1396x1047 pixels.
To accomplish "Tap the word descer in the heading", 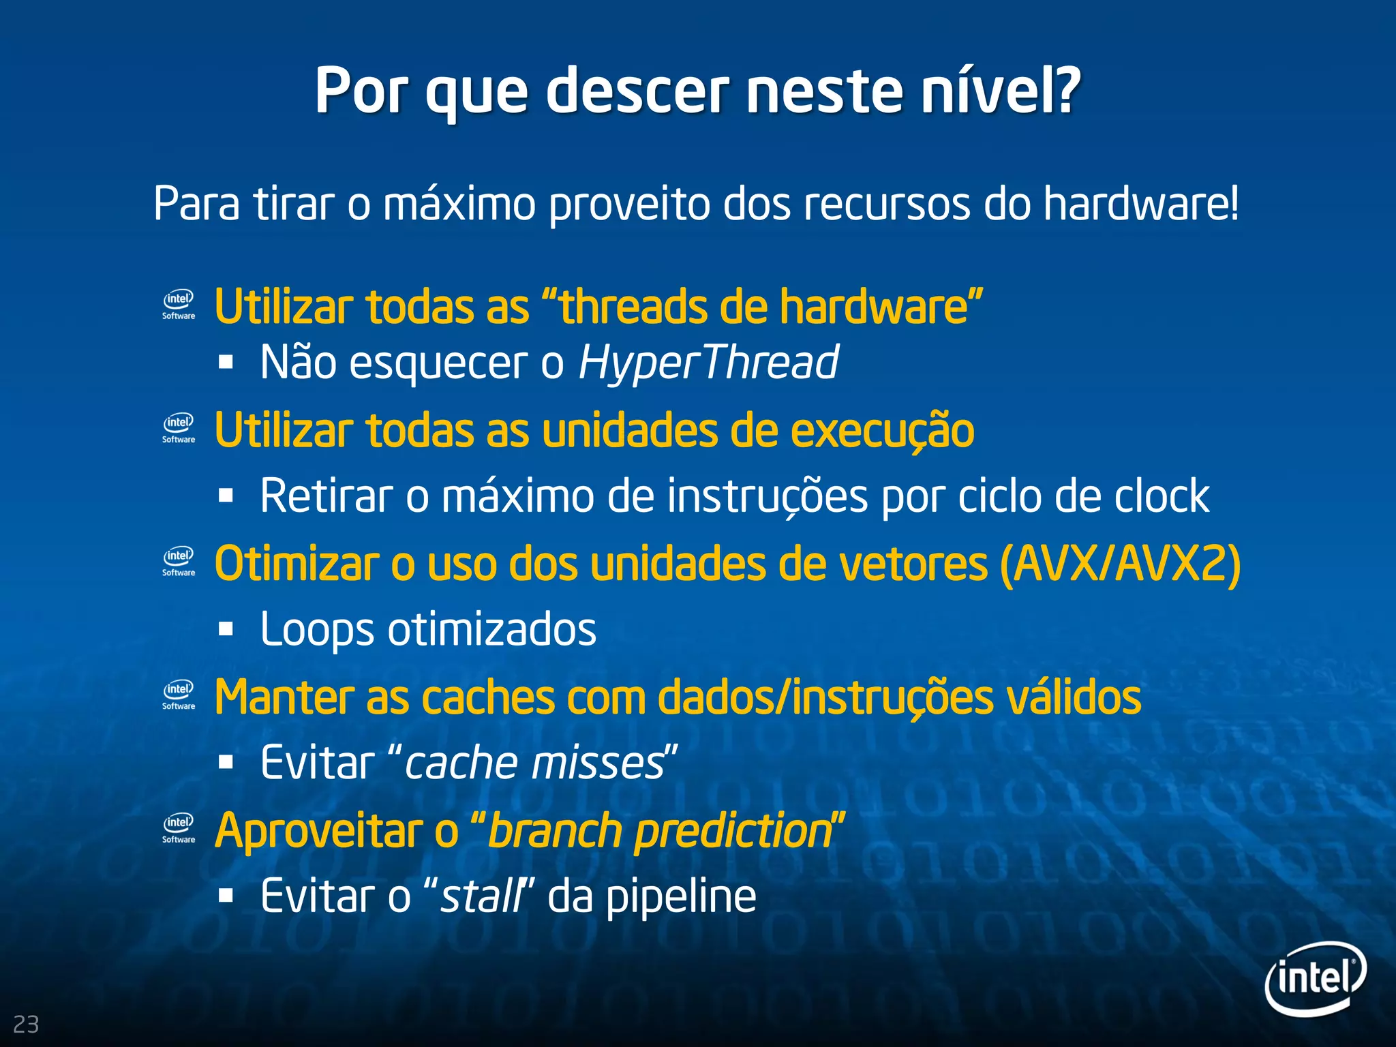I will pyautogui.click(x=637, y=91).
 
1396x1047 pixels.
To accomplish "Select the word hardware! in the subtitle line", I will pyautogui.click(x=1142, y=204).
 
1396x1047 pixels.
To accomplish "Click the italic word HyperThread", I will pyautogui.click(x=708, y=362).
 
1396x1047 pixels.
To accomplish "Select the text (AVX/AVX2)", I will pyautogui.click(x=1120, y=564).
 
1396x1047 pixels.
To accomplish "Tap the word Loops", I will pyautogui.click(x=317, y=629).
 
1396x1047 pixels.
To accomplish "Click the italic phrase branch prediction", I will pyautogui.click(x=658, y=831).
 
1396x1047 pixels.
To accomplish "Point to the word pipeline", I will pyautogui.click(x=681, y=896).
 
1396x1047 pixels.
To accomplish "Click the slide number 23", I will pyautogui.click(x=26, y=1024).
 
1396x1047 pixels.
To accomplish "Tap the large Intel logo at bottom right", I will pyautogui.click(x=1315, y=977).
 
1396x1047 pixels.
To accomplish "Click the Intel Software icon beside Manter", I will pyautogui.click(x=179, y=695).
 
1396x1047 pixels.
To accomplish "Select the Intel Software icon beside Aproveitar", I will pyautogui.click(x=179, y=828).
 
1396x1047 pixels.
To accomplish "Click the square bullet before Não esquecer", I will pyautogui.click(x=226, y=362).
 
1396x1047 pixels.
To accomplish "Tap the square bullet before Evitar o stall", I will pyautogui.click(x=226, y=896).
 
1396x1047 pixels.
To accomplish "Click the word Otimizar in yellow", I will pyautogui.click(x=297, y=564).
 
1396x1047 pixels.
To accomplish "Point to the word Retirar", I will pyautogui.click(x=327, y=496).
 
